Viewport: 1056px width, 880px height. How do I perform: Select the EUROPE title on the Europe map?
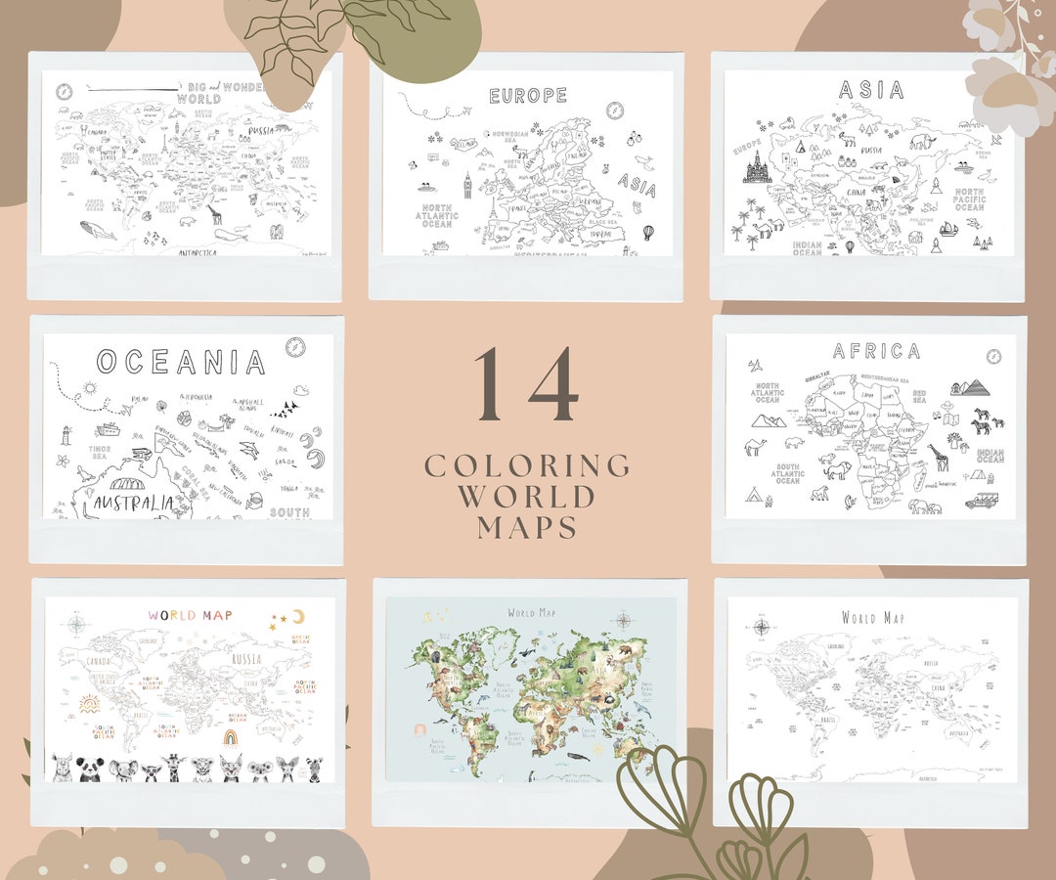(528, 96)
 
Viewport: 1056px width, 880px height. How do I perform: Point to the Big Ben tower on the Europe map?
(467, 188)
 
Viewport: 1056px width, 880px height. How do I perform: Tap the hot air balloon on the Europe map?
(647, 233)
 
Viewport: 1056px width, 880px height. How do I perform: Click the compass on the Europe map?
(615, 110)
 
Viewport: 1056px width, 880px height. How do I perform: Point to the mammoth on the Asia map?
(921, 143)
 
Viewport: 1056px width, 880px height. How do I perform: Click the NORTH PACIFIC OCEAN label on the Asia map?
(969, 199)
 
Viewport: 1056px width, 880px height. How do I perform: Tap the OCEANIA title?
(181, 362)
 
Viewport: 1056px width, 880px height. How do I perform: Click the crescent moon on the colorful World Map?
(298, 616)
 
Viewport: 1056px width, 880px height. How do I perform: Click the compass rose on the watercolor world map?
(623, 618)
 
